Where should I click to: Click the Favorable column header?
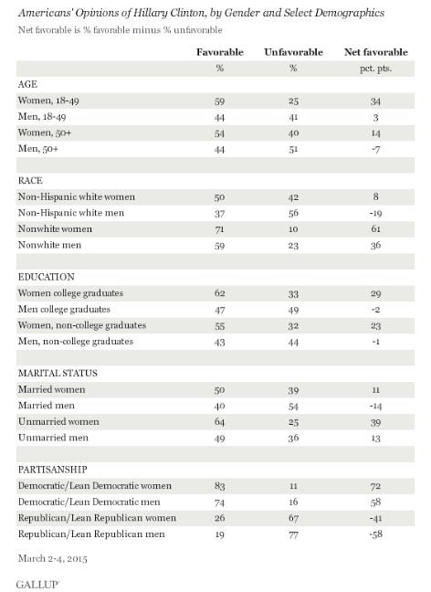point(220,52)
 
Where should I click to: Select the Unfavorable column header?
point(293,52)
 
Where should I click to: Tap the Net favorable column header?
point(376,52)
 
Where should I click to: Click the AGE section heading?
point(27,84)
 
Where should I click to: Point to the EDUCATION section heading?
point(47,277)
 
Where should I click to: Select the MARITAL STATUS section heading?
point(58,373)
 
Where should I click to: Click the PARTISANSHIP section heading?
point(52,470)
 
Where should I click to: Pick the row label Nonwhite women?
point(55,228)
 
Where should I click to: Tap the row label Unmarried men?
point(53,438)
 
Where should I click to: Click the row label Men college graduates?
point(64,309)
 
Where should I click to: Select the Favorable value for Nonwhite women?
point(219,229)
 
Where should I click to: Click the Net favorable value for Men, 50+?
point(375,149)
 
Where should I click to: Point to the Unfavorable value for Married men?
point(293,407)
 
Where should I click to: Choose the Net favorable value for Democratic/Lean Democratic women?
point(375,486)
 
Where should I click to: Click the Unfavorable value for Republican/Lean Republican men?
point(293,534)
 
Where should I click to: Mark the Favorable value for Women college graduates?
point(219,293)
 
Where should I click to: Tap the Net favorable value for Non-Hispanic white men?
point(375,213)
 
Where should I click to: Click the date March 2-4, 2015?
point(52,558)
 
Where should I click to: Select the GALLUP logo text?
point(37,585)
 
